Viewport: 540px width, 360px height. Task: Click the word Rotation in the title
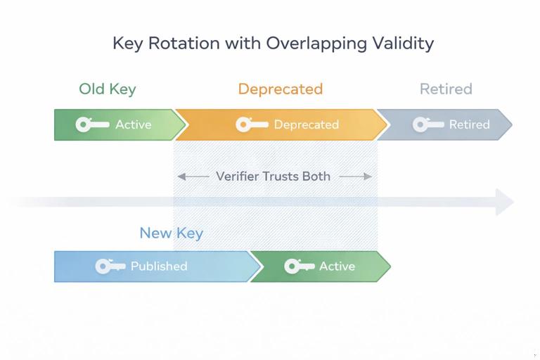click(192, 43)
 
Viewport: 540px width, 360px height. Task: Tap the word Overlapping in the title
click(317, 43)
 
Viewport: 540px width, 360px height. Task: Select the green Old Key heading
click(107, 89)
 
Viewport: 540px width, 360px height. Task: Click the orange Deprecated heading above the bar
click(280, 89)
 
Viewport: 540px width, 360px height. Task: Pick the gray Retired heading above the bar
click(446, 89)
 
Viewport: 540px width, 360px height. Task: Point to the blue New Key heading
click(171, 233)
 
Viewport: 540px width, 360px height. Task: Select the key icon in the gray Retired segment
click(427, 125)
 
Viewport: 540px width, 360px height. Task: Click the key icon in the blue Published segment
click(110, 266)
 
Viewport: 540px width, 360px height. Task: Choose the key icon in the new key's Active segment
click(299, 266)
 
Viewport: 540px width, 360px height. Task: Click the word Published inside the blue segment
click(159, 266)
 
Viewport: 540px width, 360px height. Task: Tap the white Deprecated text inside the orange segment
click(306, 125)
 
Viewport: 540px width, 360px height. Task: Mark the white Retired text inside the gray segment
click(469, 125)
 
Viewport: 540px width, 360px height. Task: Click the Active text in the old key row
click(133, 125)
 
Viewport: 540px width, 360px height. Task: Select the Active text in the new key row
click(337, 266)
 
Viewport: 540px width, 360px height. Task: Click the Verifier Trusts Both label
click(273, 176)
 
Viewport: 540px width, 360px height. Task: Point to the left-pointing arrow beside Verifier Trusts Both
click(193, 176)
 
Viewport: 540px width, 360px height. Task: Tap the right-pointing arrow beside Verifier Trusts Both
click(356, 176)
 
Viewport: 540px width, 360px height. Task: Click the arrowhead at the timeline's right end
click(505, 202)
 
